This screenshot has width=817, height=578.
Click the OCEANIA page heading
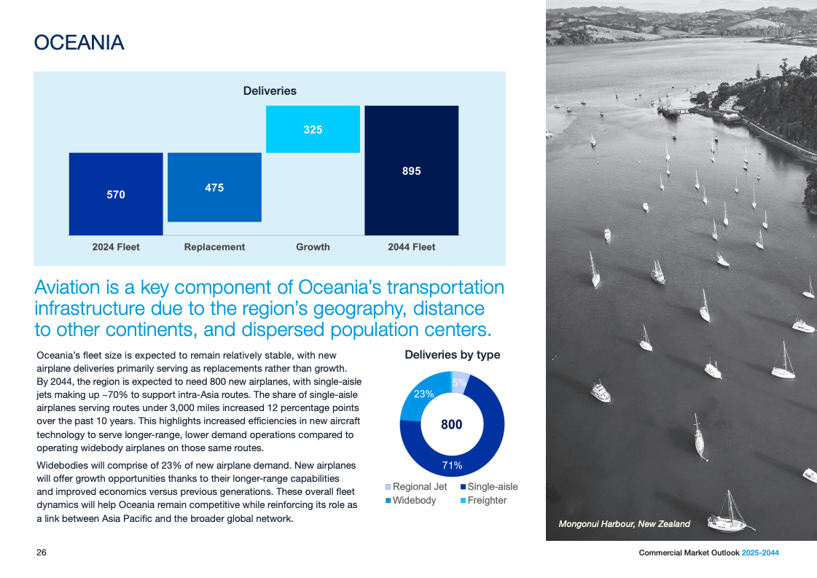pyautogui.click(x=79, y=43)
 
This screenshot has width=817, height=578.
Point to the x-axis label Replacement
pyautogui.click(x=214, y=247)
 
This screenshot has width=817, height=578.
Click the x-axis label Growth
pyautogui.click(x=313, y=247)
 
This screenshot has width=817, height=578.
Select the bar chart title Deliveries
pyautogui.click(x=270, y=91)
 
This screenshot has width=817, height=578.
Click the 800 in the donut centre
pyautogui.click(x=452, y=424)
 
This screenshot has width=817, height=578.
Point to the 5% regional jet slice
pyautogui.click(x=459, y=382)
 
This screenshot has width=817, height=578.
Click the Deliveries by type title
pyautogui.click(x=452, y=355)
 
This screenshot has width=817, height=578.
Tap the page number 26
pyautogui.click(x=42, y=553)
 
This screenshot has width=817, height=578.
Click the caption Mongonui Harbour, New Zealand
pyautogui.click(x=624, y=524)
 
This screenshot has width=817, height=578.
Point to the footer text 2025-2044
pyautogui.click(x=760, y=553)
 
